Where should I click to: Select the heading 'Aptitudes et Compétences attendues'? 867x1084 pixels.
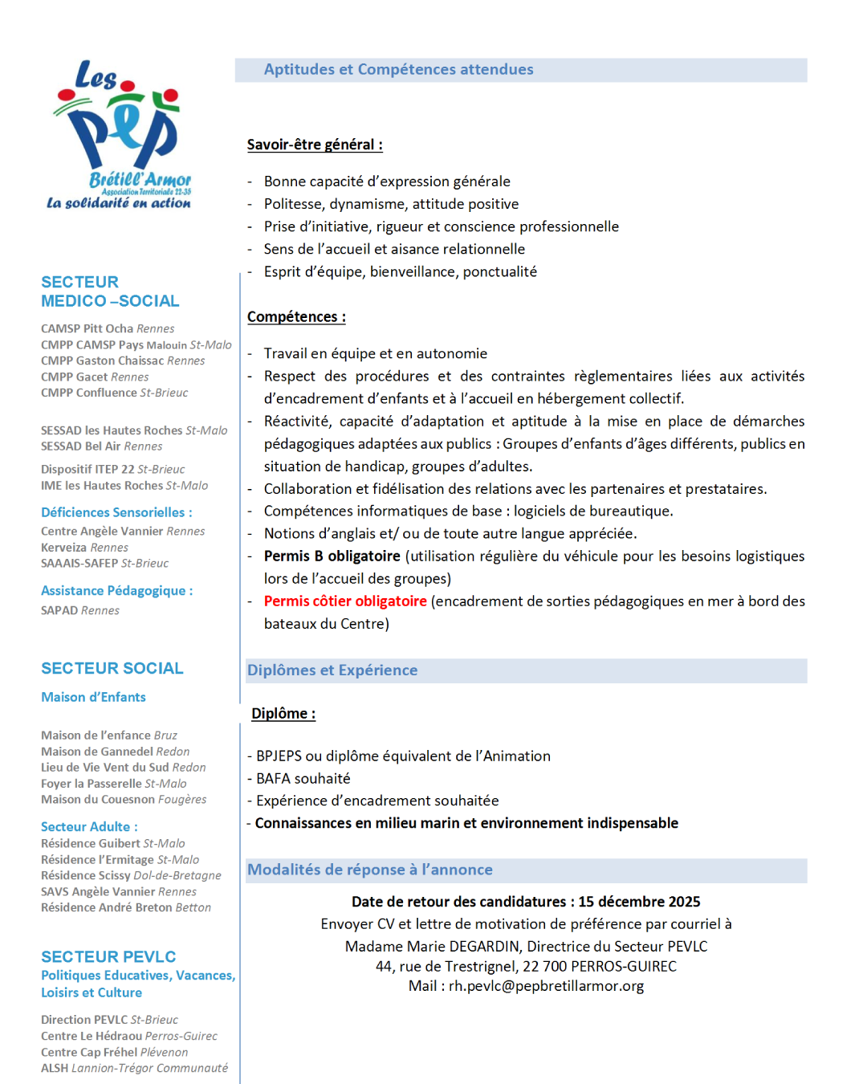tap(398, 70)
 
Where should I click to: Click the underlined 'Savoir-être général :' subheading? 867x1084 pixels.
tap(315, 145)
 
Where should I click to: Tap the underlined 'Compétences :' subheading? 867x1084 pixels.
tap(296, 316)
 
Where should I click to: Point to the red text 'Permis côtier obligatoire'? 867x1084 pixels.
tap(345, 601)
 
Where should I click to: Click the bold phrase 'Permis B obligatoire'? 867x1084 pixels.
tap(332, 556)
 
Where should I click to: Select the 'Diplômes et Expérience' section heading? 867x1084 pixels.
tap(332, 670)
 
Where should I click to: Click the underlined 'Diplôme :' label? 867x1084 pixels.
tap(283, 714)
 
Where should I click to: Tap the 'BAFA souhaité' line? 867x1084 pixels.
tap(303, 779)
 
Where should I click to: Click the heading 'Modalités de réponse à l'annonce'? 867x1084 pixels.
tap(370, 870)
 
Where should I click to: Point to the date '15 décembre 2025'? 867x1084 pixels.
tap(639, 902)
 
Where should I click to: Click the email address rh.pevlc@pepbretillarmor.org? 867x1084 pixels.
tap(546, 986)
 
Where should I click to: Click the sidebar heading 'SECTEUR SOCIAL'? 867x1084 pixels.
tap(112, 668)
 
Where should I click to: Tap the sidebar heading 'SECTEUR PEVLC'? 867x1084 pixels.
tap(108, 956)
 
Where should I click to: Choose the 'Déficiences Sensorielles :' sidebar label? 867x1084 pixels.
tap(116, 512)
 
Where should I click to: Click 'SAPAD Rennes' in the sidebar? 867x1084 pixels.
tap(80, 610)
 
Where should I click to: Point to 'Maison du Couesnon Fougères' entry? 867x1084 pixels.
tap(124, 800)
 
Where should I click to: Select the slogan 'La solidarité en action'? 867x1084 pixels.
tap(119, 203)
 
